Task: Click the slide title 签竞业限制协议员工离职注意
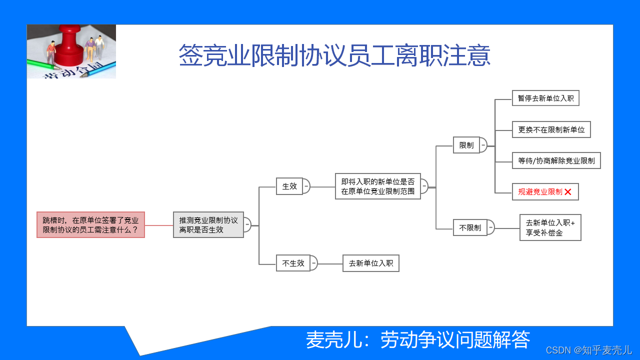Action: click(334, 55)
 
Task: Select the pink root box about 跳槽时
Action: click(90, 224)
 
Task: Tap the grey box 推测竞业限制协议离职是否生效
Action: click(208, 224)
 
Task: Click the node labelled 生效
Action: click(289, 186)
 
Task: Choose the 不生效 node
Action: click(293, 263)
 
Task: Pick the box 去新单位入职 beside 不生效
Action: click(370, 263)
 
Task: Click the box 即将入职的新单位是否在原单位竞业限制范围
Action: click(377, 186)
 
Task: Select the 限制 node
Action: click(466, 145)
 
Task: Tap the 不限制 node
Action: click(469, 227)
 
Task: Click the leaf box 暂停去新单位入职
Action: click(545, 98)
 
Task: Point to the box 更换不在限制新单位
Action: click(551, 129)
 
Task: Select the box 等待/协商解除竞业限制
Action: click(556, 160)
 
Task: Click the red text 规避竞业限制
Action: click(540, 191)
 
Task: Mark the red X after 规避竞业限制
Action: click(568, 192)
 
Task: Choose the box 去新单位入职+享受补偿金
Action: click(550, 227)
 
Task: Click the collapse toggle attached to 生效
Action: click(306, 186)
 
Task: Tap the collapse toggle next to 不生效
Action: click(313, 263)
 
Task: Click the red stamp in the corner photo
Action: click(71, 45)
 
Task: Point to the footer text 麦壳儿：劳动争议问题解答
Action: click(417, 340)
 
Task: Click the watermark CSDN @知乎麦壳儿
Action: click(588, 350)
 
